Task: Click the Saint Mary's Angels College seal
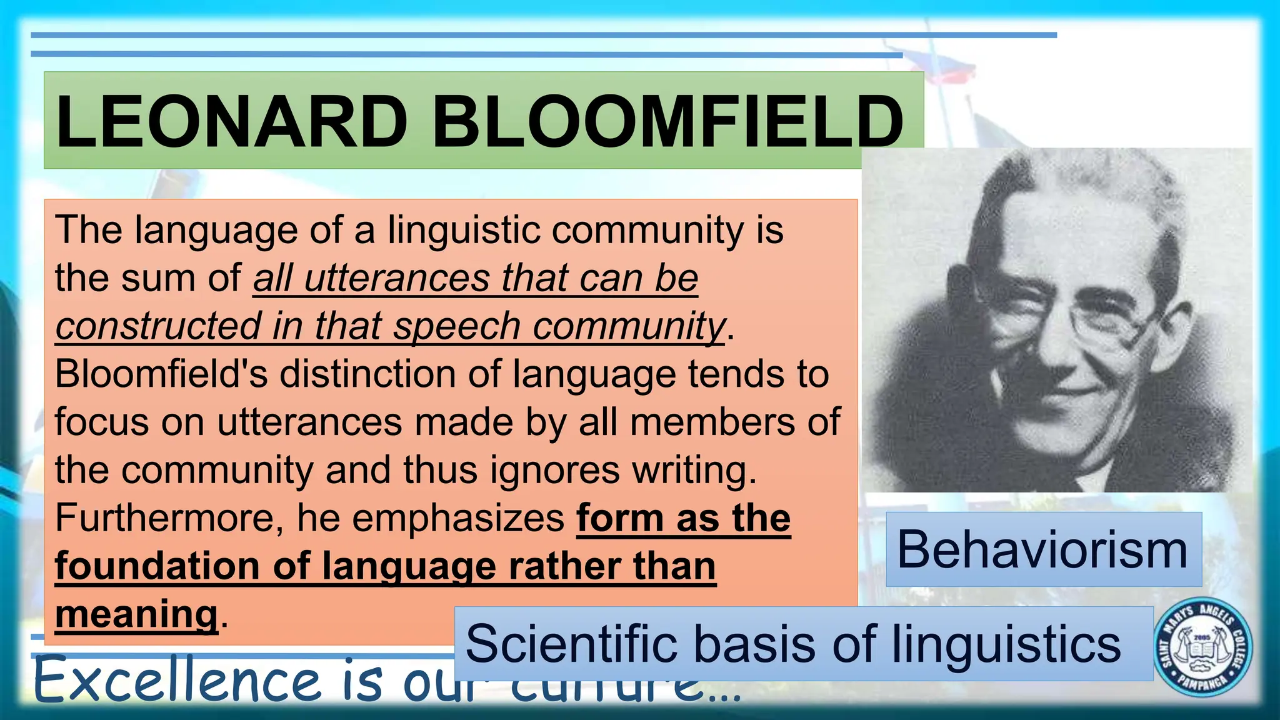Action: pos(1202,646)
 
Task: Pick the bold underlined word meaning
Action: pos(136,614)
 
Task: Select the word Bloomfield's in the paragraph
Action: pos(161,374)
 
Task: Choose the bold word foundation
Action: pos(157,566)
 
